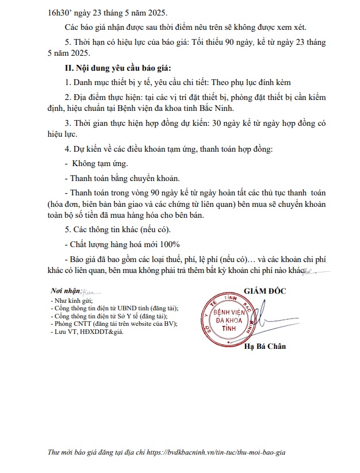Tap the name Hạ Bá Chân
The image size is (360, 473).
[x=265, y=346]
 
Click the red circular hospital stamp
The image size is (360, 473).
[x=229, y=318]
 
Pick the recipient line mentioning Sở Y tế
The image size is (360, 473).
[x=109, y=316]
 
